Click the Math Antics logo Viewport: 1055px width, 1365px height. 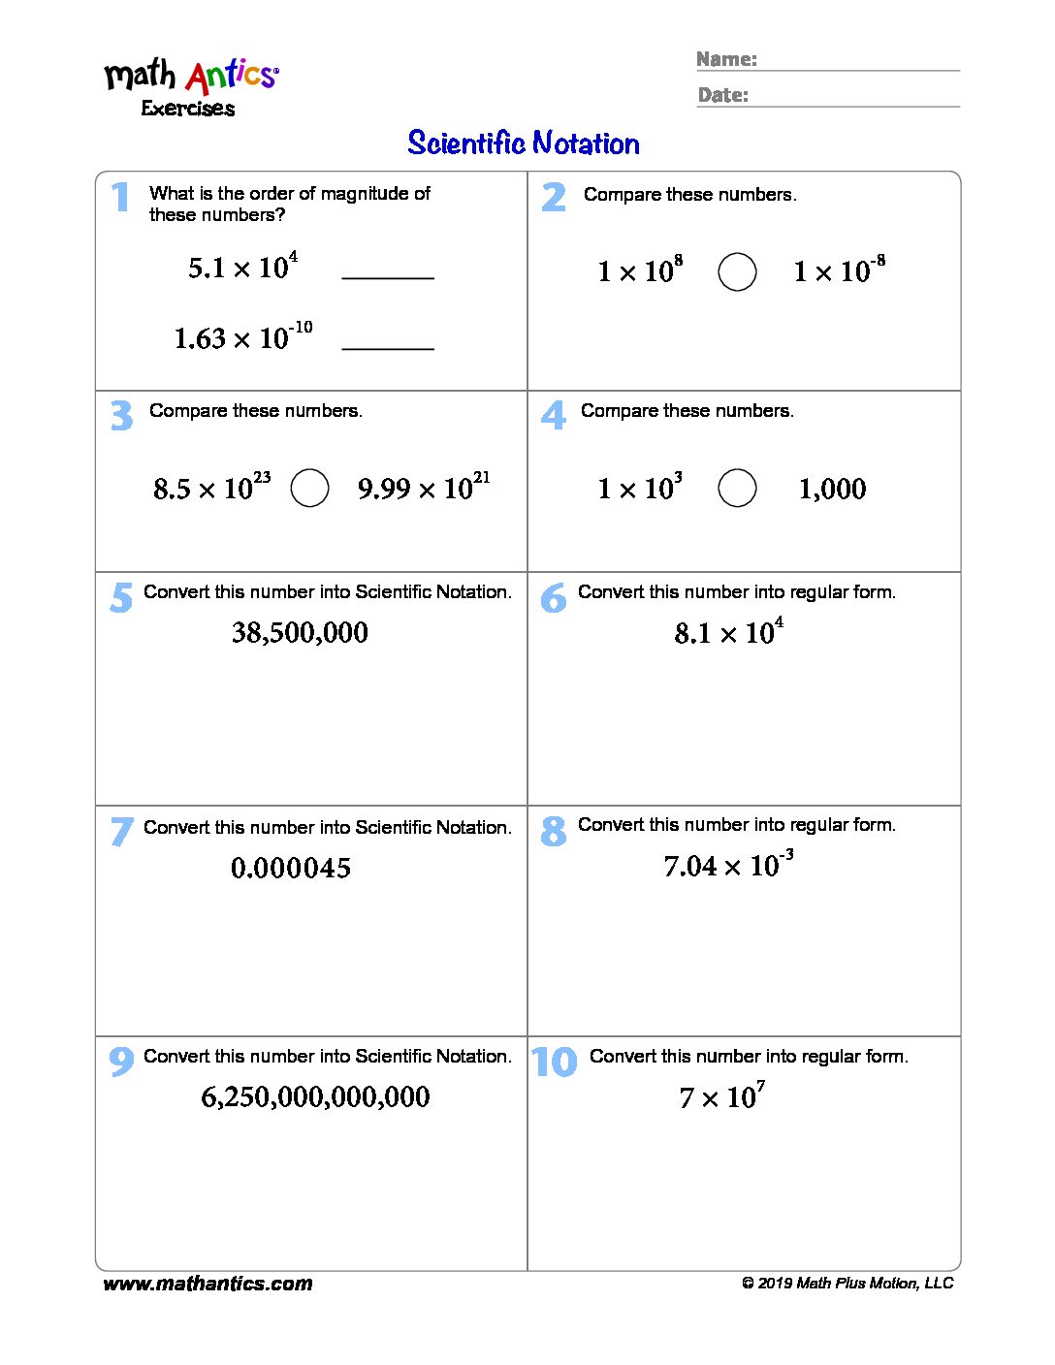click(x=191, y=85)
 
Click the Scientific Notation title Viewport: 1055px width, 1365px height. click(x=524, y=143)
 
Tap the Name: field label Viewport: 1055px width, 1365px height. click(x=726, y=59)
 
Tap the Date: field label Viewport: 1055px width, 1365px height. click(x=723, y=95)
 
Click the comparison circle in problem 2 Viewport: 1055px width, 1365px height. click(x=737, y=271)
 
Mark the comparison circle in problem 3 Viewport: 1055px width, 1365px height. click(x=310, y=488)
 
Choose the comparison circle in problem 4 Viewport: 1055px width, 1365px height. click(x=737, y=488)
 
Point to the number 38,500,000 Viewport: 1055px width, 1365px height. click(x=300, y=633)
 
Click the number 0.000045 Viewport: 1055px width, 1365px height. click(x=291, y=868)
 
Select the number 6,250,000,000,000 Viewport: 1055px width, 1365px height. click(x=315, y=1096)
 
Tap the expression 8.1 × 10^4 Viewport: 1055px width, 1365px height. click(x=728, y=632)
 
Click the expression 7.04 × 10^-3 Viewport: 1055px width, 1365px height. click(x=728, y=864)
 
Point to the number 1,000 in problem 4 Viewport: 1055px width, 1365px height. click(x=832, y=489)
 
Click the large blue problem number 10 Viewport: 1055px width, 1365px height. click(x=555, y=1063)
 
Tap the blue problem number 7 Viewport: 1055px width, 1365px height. click(x=121, y=832)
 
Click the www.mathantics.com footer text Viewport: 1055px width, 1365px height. click(x=208, y=1284)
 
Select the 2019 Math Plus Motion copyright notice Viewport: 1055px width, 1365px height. click(x=847, y=1284)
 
